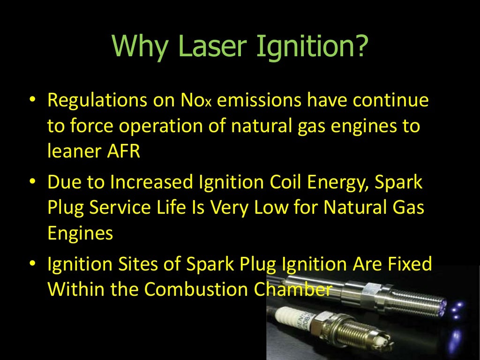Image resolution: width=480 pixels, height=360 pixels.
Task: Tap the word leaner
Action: point(73,151)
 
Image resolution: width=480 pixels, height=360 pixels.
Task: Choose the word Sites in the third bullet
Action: point(132,264)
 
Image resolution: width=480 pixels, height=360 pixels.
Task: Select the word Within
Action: point(75,289)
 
